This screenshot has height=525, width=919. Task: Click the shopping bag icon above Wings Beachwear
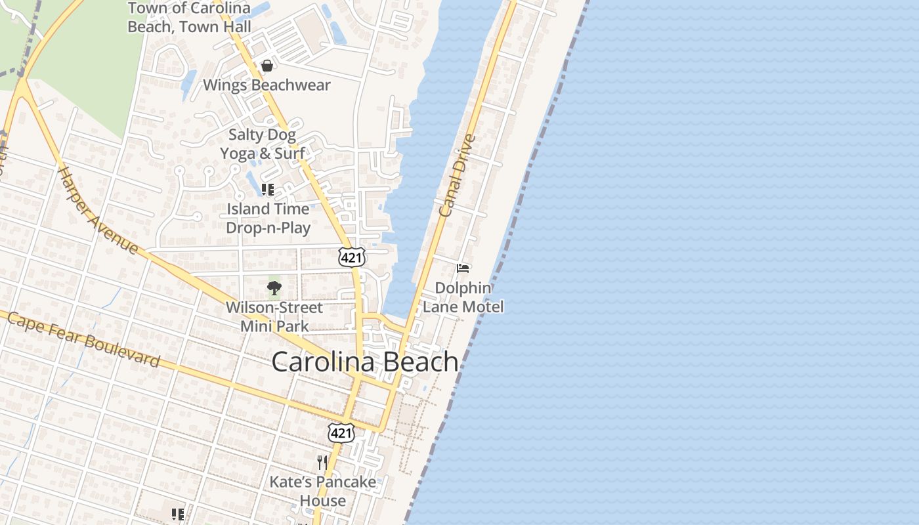[267, 66]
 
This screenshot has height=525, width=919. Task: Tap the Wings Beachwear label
[267, 85]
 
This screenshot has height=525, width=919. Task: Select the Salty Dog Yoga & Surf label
[263, 144]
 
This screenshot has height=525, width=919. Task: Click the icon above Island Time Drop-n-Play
[267, 190]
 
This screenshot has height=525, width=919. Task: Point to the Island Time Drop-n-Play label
[268, 218]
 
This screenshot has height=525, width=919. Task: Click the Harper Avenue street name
[98, 211]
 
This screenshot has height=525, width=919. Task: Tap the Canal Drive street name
[456, 175]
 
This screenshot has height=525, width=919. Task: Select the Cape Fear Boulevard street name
[83, 340]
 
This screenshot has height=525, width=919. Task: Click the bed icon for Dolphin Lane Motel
[463, 268]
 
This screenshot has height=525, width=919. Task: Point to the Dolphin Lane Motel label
[463, 297]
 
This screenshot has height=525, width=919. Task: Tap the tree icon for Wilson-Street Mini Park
[274, 287]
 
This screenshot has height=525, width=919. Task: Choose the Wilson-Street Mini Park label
[274, 316]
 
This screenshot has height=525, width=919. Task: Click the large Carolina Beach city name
[365, 362]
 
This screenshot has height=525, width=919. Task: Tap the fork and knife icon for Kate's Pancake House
[322, 463]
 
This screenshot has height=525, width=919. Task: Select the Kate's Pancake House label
[323, 491]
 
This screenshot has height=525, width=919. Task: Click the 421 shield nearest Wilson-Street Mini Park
[352, 257]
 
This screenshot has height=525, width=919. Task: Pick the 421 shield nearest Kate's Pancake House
[341, 432]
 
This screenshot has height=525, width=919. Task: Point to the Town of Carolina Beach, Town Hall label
[189, 17]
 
